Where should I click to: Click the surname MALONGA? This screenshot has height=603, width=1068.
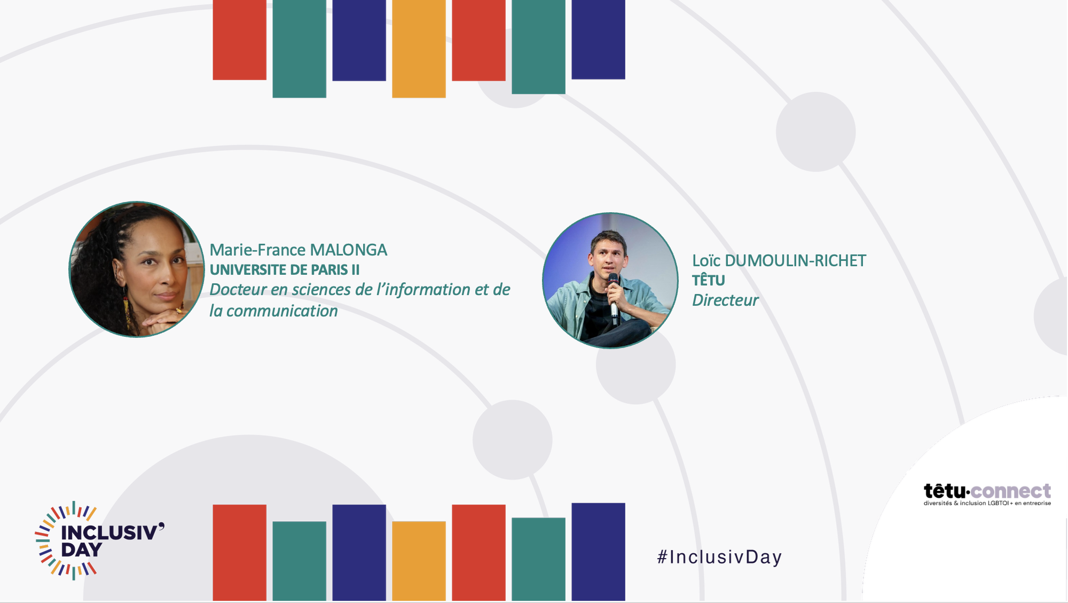click(x=349, y=250)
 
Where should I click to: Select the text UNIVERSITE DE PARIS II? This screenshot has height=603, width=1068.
click(x=285, y=270)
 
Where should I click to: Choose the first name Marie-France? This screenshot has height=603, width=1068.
click(x=257, y=250)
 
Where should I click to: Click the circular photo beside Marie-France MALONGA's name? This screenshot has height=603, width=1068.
click(x=137, y=269)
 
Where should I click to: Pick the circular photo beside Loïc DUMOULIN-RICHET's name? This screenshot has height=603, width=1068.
click(x=610, y=281)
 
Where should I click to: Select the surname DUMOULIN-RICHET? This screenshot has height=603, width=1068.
click(x=796, y=261)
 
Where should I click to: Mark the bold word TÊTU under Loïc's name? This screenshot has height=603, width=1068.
click(x=709, y=280)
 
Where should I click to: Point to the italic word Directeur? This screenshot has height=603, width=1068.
click(x=725, y=300)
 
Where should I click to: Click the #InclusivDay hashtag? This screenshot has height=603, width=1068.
click(x=719, y=557)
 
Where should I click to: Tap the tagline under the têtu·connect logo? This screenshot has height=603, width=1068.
click(x=987, y=503)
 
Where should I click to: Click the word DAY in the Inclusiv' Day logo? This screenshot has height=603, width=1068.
click(x=81, y=550)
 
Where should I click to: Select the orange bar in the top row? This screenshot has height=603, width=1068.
click(x=419, y=49)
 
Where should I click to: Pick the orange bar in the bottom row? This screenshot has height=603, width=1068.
click(x=419, y=561)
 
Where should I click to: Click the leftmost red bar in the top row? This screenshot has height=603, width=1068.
click(x=239, y=40)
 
